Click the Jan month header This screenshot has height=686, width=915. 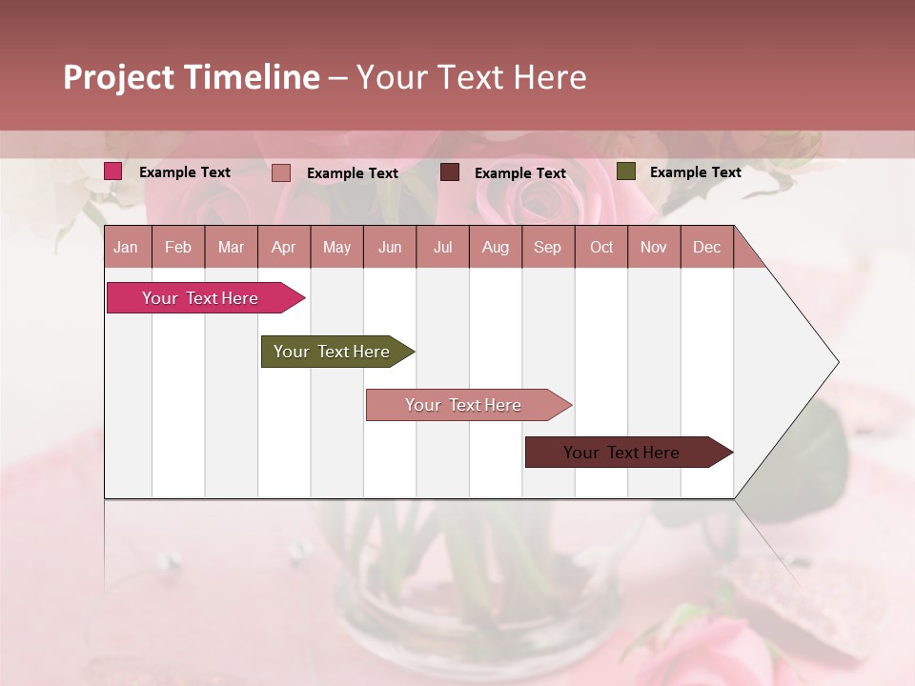pos(127,247)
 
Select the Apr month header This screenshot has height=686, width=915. pos(284,247)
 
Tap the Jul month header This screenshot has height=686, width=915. pos(443,247)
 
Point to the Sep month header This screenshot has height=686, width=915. pos(548,247)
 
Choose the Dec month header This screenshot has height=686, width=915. pos(706,247)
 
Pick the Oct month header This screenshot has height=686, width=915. pos(601,247)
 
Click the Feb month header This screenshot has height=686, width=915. pos(178,247)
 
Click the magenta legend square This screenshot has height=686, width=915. pos(113,171)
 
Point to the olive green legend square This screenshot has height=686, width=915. pos(626,171)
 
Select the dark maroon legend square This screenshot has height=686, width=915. pos(450,172)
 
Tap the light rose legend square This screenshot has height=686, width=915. pos(281,172)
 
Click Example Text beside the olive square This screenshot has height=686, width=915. pos(695,172)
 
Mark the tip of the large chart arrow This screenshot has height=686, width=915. pos(837,362)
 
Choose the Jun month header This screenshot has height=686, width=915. pos(390,247)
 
